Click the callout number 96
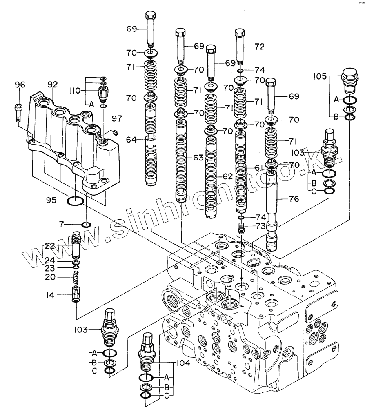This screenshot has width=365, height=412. (x=20, y=85)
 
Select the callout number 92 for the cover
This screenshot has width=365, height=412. (x=53, y=85)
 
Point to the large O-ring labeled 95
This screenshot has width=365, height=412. (x=75, y=201)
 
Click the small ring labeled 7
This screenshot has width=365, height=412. (x=86, y=225)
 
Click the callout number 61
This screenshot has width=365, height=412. (x=260, y=168)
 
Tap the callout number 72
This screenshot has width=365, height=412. (x=260, y=47)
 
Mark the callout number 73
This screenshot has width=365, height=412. (x=260, y=225)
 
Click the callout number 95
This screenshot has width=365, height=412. (x=51, y=200)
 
